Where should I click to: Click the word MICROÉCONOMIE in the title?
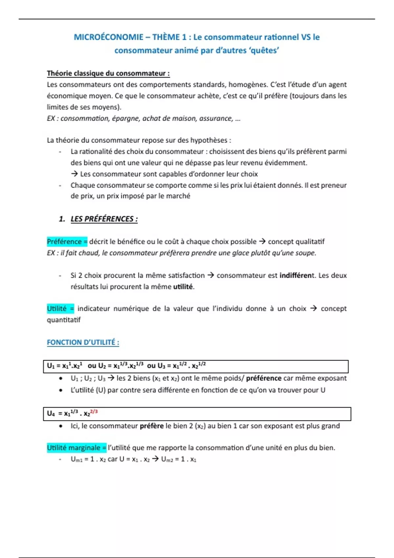[108, 37]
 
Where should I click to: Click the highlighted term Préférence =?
[67, 242]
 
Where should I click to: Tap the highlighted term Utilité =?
[60, 309]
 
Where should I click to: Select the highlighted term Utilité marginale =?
[77, 448]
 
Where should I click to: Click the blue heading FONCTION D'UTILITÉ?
[83, 342]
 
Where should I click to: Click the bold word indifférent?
[295, 275]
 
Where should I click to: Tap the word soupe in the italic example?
[306, 253]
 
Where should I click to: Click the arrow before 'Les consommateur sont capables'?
[74, 174]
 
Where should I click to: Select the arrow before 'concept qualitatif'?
[262, 242]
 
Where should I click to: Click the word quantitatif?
[63, 320]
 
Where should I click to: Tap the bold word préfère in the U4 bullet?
[151, 426]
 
